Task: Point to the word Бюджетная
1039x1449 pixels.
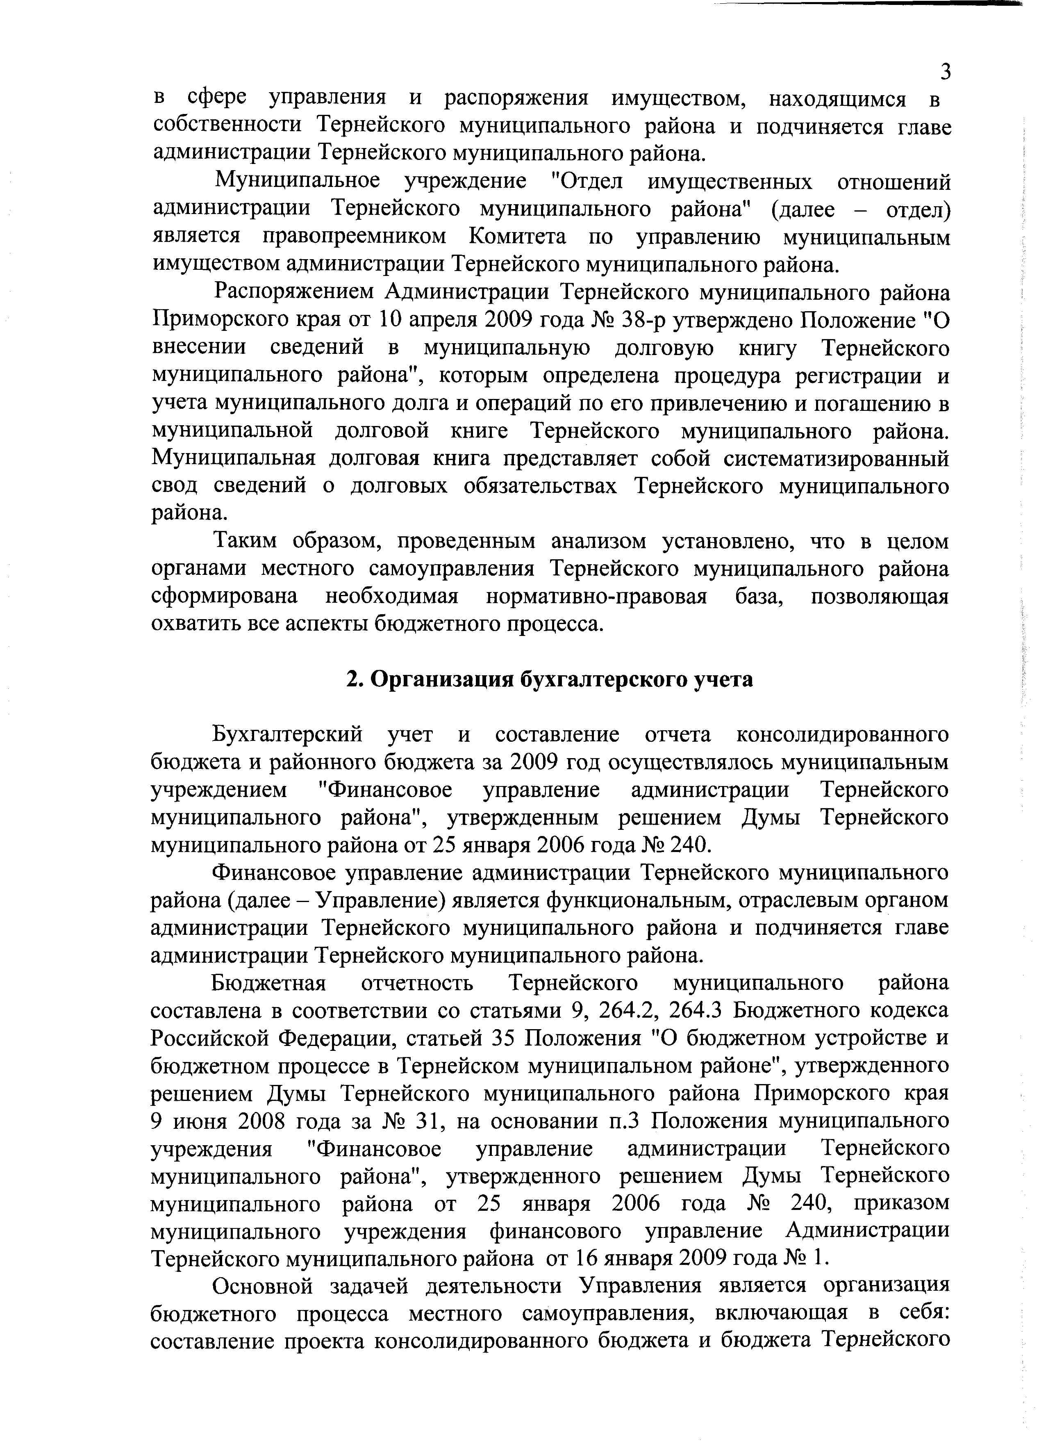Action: [x=269, y=983]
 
